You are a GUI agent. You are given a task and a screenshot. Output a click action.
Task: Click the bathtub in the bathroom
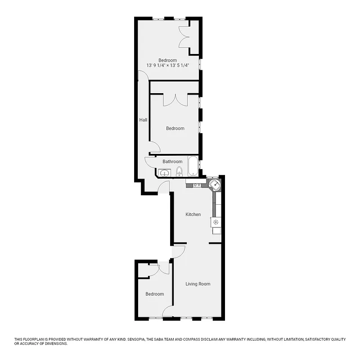193,166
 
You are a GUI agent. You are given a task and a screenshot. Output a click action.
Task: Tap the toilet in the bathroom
179,171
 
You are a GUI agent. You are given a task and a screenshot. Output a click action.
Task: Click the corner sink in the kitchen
216,184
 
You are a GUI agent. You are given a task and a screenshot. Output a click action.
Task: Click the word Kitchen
193,214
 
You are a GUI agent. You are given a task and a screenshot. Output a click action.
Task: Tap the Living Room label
198,284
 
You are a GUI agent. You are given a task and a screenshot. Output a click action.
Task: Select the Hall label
143,120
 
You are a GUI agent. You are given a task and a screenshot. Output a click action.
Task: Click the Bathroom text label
172,162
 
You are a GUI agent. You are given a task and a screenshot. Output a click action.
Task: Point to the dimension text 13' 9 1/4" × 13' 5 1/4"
167,65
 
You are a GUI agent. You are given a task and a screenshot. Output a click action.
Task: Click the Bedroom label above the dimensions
167,60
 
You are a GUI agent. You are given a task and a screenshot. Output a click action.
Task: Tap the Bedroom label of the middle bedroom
175,128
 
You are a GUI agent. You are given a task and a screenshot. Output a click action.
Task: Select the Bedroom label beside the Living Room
154,294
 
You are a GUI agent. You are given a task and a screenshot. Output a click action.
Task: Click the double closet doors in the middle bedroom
175,100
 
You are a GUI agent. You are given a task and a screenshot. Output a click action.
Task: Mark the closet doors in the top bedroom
184,36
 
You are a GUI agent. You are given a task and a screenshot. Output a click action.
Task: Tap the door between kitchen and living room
179,251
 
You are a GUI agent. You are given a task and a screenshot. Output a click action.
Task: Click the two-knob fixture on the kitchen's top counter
197,185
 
